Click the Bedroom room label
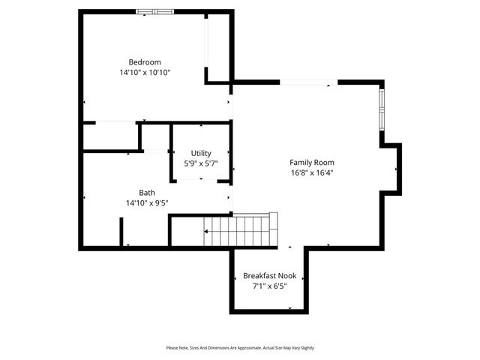145,62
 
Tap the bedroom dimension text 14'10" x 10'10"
145,73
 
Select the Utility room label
201,153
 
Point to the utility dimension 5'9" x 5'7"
201,163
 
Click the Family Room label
312,162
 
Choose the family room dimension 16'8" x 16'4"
312,172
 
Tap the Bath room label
147,193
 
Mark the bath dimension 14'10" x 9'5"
147,202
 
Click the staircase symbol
236,229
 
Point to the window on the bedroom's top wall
155,11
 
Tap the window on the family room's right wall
382,109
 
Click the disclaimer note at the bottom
240,348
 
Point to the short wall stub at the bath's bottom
121,232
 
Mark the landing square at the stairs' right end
273,221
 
